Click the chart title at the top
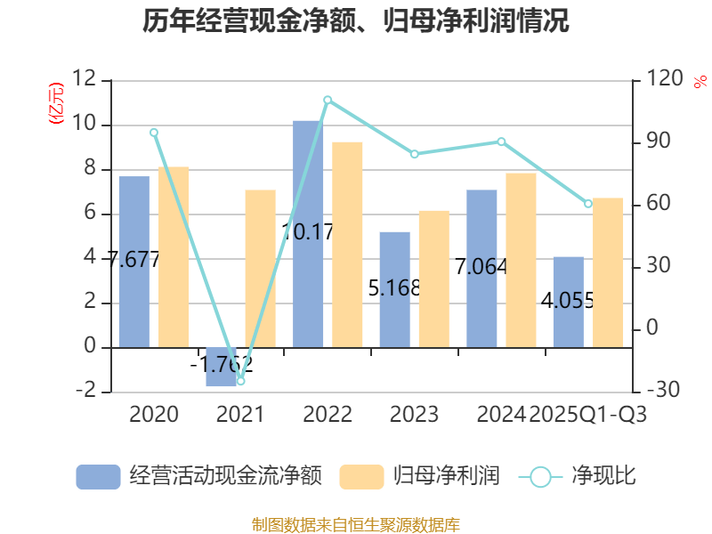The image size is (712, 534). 356,20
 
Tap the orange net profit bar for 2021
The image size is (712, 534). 260,268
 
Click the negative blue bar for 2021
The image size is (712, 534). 222,367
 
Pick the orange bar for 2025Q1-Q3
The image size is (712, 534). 608,272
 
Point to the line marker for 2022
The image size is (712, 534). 328,100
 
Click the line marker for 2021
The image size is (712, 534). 240,381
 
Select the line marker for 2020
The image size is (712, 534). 154,133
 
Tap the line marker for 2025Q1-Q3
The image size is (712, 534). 588,204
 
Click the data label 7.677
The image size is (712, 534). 133,261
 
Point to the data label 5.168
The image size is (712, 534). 394,288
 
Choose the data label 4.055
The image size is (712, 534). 568,300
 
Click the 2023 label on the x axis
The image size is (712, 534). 414,415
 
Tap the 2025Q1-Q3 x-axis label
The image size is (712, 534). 588,415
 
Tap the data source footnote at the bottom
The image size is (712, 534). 356,524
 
